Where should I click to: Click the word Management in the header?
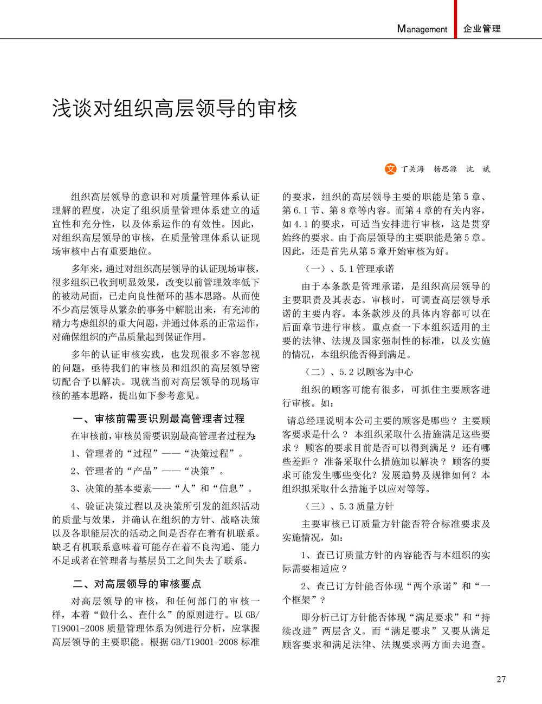click(422, 29)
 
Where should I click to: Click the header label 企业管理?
click(482, 29)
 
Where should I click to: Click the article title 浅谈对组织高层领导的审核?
click(175, 108)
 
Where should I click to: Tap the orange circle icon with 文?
click(391, 169)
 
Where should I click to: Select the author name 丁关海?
click(413, 169)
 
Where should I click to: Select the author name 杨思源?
click(445, 169)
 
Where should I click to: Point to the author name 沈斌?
click(478, 169)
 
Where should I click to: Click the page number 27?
click(501, 679)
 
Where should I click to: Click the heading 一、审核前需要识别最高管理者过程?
click(158, 419)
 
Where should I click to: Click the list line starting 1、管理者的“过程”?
click(158, 453)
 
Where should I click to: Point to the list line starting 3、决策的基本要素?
click(162, 488)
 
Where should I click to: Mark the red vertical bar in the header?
click(455, 19)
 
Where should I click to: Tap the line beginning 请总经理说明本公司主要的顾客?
click(388, 420)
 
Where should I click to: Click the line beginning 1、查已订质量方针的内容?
click(395, 555)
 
